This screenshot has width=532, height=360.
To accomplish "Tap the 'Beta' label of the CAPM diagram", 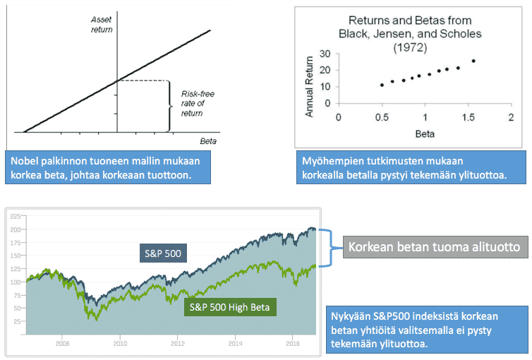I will pyautogui.click(x=207, y=141).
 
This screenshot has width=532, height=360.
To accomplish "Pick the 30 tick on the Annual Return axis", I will pyautogui.click(x=325, y=54).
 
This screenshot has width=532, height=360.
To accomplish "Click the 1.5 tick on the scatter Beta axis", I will pyautogui.click(x=467, y=116).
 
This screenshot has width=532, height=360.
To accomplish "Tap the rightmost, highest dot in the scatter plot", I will pyautogui.click(x=473, y=61).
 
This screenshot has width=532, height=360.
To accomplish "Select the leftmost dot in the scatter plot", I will pyautogui.click(x=382, y=85).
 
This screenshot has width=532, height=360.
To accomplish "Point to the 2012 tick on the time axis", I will pyautogui.click(x=178, y=344).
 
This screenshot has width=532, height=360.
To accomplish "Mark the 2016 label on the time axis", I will pyautogui.click(x=294, y=344).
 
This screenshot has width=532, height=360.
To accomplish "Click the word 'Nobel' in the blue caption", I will pyautogui.click(x=26, y=161).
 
